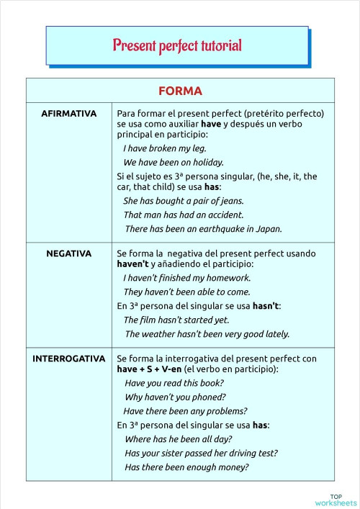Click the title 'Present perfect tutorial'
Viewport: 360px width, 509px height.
point(177,45)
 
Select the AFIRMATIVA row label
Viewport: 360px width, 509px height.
point(69,114)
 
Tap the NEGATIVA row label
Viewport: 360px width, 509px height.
point(69,253)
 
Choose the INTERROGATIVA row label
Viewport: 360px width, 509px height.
point(69,358)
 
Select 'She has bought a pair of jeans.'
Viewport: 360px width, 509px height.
point(184,201)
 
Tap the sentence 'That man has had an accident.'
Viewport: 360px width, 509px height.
point(184,215)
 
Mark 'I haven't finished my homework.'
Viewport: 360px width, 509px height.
point(187,278)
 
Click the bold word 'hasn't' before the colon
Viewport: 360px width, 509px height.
point(265,306)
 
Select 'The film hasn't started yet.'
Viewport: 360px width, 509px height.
point(176,320)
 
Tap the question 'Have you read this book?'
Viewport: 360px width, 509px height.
point(174,383)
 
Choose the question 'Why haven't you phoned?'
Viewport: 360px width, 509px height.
point(175,397)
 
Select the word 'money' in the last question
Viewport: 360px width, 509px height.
point(233,467)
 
